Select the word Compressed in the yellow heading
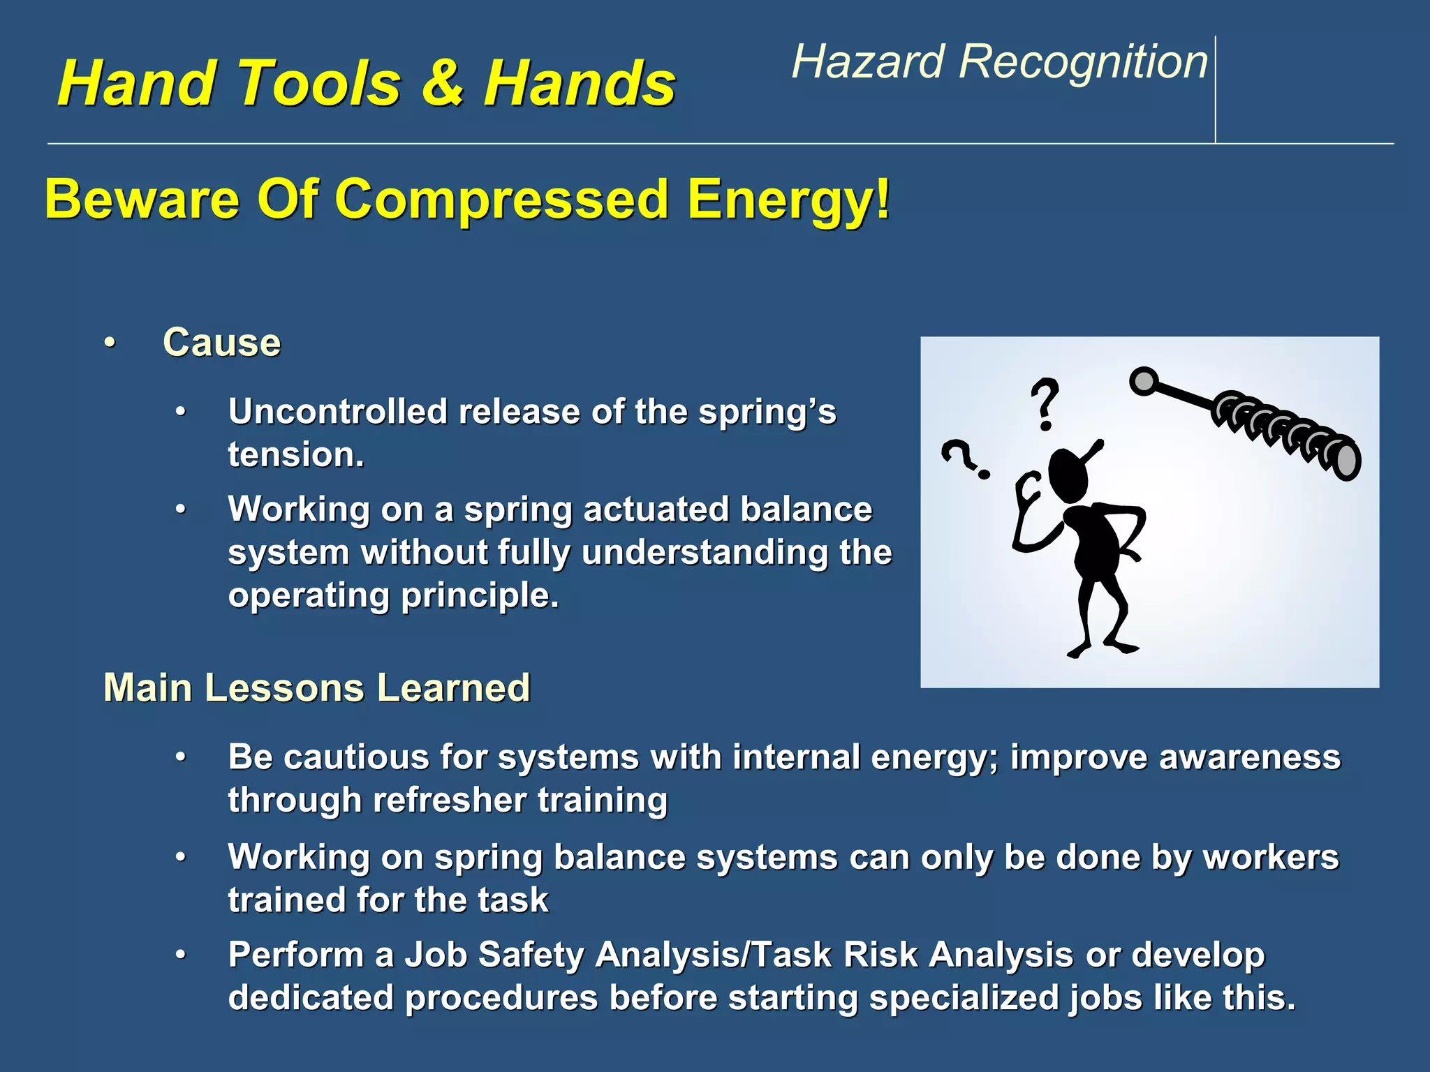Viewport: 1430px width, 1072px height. click(502, 200)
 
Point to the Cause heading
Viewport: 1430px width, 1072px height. click(221, 343)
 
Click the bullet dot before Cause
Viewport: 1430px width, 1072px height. click(110, 343)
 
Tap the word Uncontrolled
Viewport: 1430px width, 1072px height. click(337, 412)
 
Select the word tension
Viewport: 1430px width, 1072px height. click(294, 455)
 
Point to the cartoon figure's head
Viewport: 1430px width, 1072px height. click(1068, 475)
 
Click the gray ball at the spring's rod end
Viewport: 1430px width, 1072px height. click(1144, 381)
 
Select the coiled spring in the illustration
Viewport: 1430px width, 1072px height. click(1285, 433)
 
